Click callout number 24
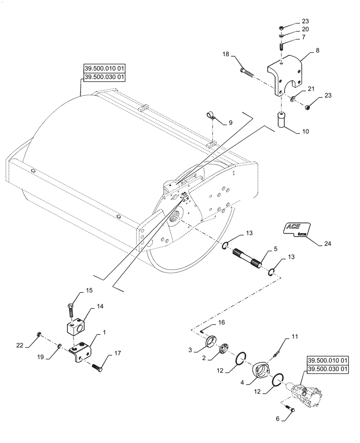[x=328, y=243]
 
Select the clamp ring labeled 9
[x=211, y=117]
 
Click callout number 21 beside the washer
[x=311, y=89]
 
